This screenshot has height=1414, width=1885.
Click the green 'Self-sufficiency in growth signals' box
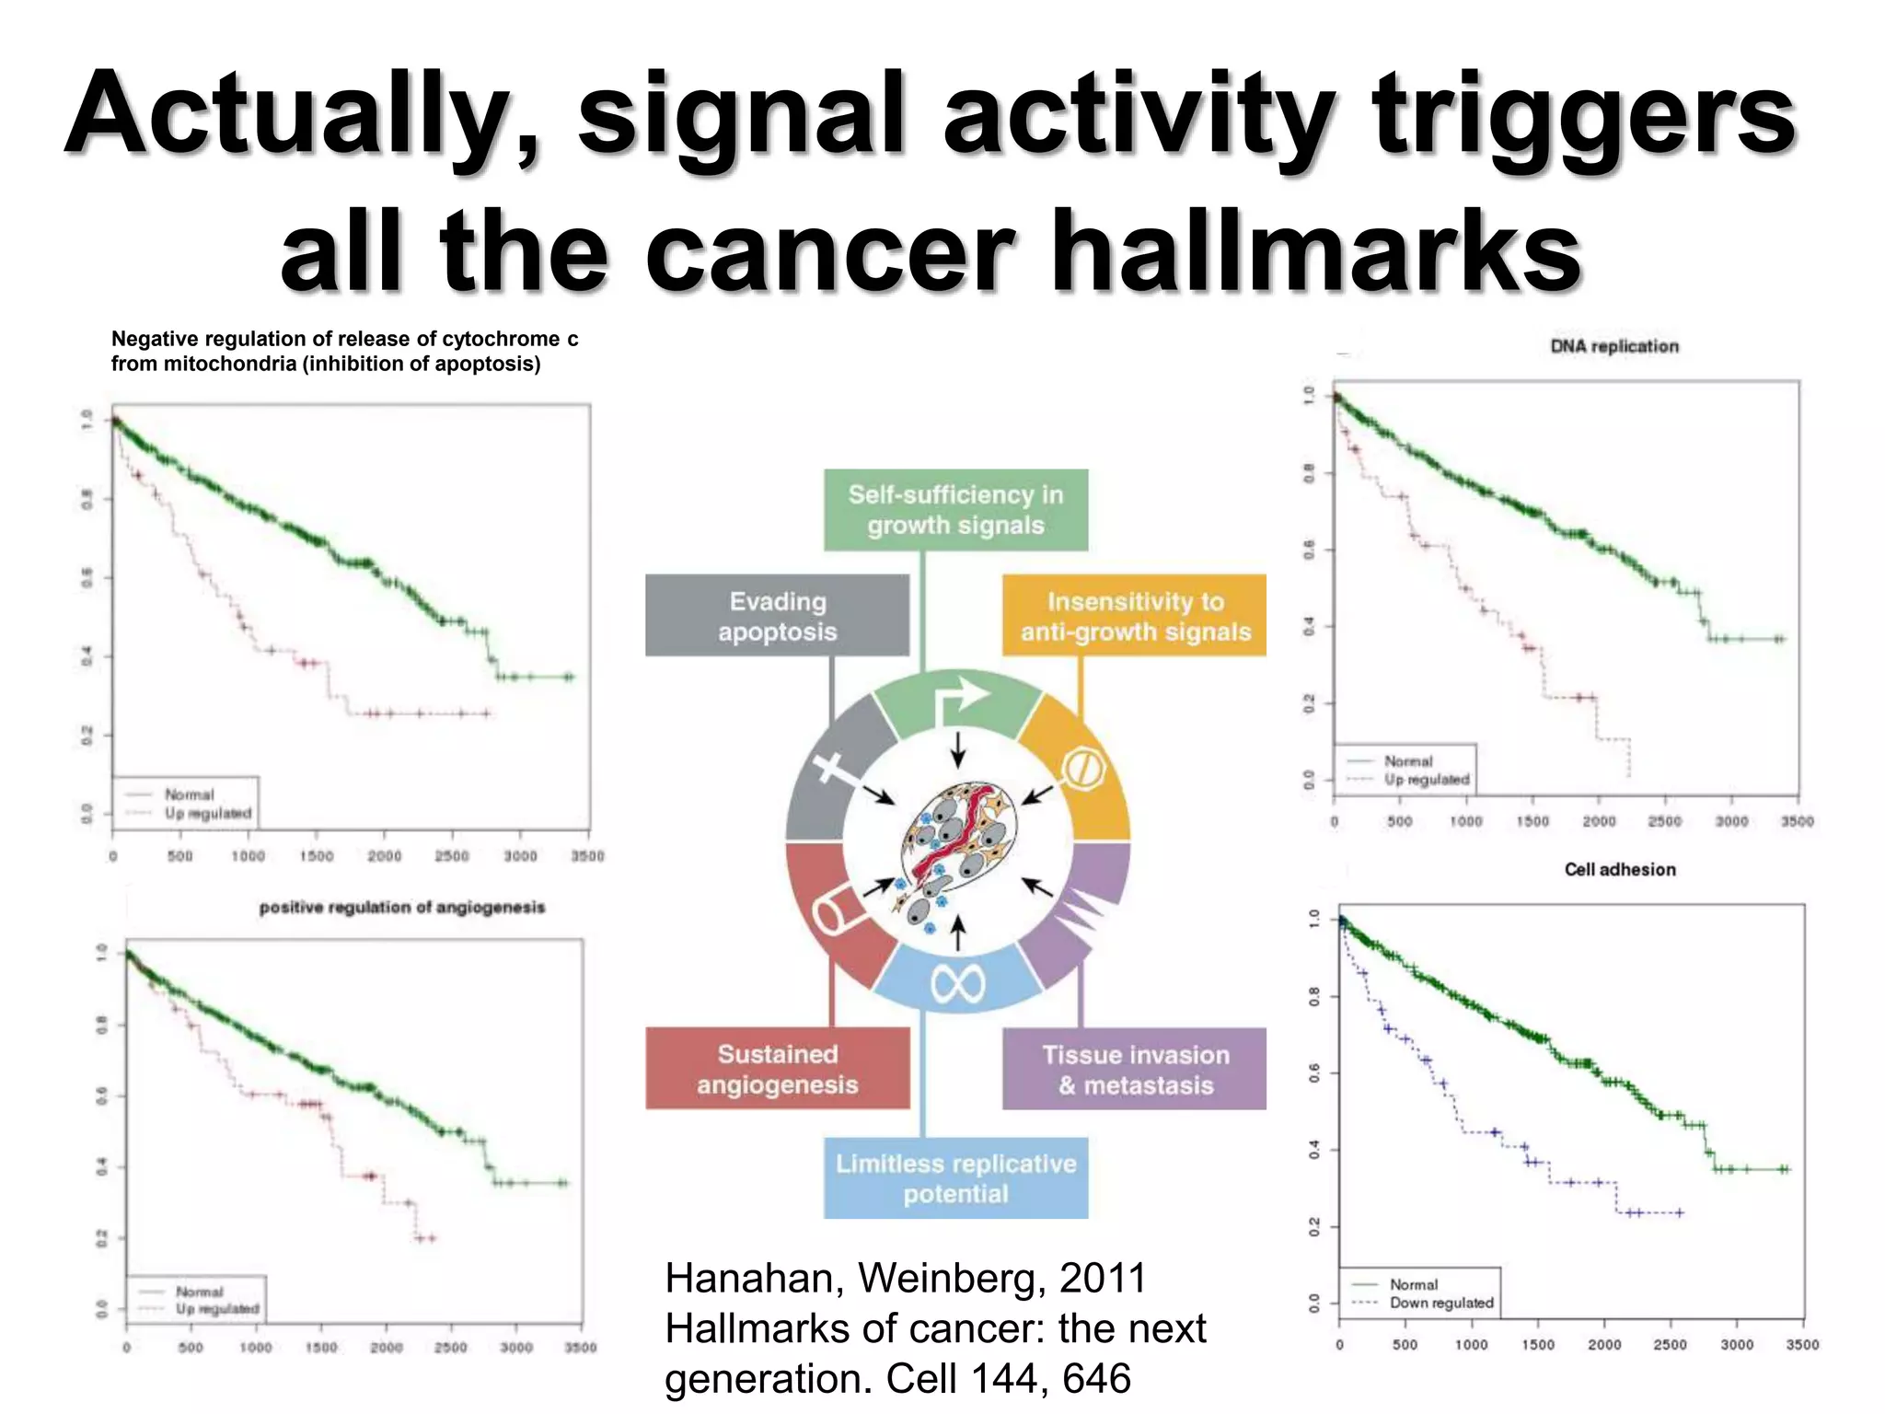955,510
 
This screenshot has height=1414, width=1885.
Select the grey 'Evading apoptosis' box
777,616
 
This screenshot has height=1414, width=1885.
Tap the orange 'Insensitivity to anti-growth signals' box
1134,616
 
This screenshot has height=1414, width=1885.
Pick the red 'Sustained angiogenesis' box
777,1069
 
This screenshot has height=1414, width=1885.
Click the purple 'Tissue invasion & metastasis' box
1134,1069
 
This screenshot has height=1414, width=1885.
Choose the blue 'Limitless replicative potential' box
955,1178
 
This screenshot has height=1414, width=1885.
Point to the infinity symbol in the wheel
957,984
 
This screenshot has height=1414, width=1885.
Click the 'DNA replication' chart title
1613,346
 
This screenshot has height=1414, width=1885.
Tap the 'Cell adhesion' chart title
1619,869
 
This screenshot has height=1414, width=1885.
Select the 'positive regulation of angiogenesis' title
402,908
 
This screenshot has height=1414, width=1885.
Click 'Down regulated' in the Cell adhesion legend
1440,1303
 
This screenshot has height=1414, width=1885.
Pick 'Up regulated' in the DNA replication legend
1427,780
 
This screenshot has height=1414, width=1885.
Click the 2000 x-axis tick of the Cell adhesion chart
1603,1345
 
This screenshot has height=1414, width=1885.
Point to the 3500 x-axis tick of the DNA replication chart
1796,821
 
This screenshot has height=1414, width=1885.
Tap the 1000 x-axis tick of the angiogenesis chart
256,1348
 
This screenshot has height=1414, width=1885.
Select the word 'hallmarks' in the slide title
1316,250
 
